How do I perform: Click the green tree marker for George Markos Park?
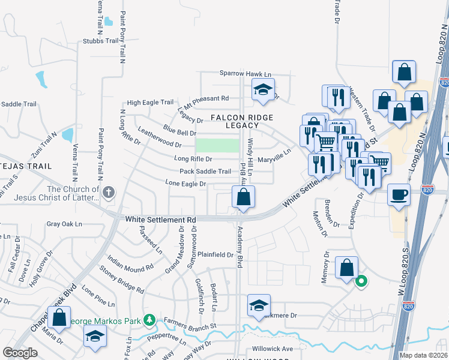tap(150, 321)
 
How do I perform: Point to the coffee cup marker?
tap(399, 194)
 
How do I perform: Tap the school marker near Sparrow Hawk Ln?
tap(262, 89)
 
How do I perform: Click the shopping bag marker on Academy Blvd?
tap(243, 197)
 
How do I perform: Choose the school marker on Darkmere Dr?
tap(259, 306)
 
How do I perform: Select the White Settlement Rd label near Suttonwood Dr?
tap(161, 220)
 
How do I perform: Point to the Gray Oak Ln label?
tap(63, 224)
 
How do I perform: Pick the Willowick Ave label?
tap(273, 349)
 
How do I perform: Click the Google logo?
tap(20, 353)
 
